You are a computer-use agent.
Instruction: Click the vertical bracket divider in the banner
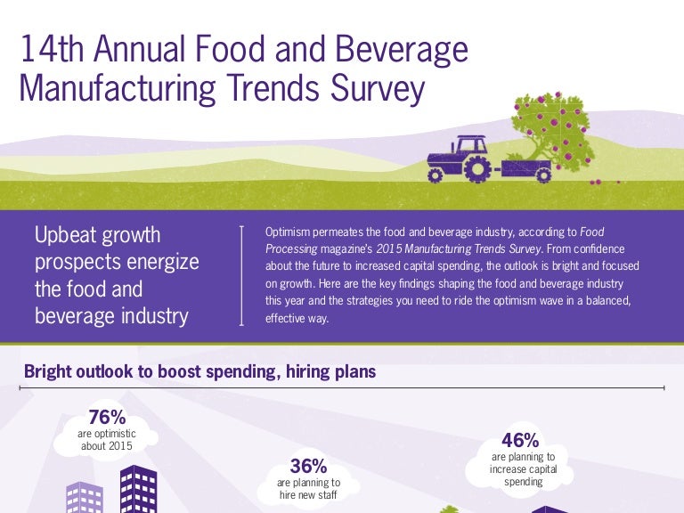(x=242, y=276)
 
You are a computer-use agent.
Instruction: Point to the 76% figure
(x=107, y=418)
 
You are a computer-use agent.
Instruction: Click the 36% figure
(x=308, y=466)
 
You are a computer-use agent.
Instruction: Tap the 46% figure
(x=520, y=441)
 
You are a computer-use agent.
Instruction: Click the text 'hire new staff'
(x=308, y=494)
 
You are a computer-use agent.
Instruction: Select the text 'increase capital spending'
(x=523, y=476)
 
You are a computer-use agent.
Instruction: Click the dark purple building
(x=138, y=490)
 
